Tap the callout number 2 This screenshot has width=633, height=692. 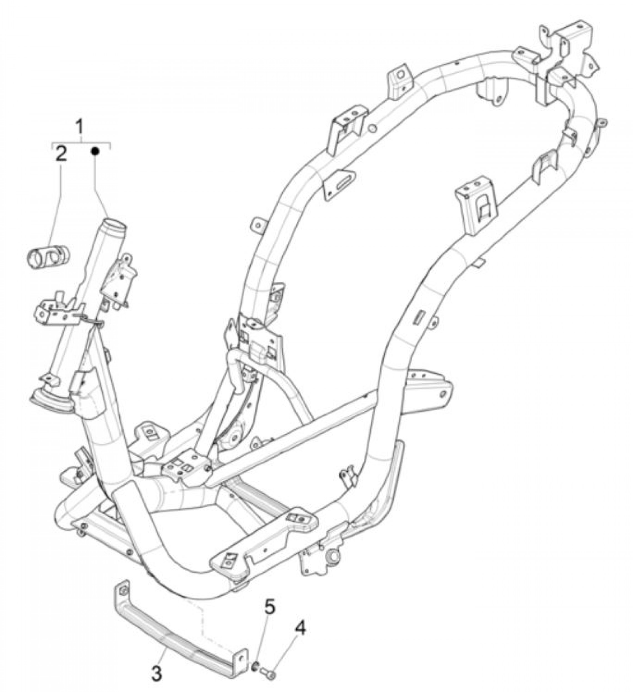coord(61,155)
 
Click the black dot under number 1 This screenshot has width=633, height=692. coord(96,151)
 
